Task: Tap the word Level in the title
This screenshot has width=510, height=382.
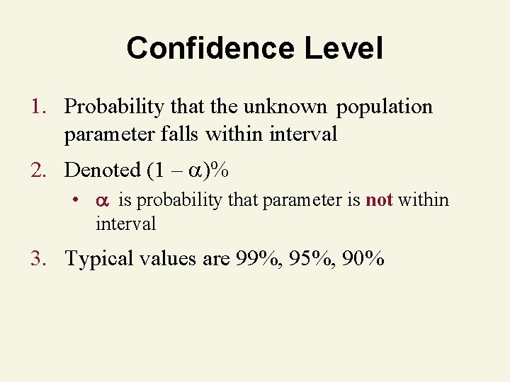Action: (x=344, y=48)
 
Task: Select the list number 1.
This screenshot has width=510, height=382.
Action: (x=36, y=107)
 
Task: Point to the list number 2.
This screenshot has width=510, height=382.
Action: (x=36, y=170)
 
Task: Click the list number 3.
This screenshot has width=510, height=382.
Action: (x=36, y=258)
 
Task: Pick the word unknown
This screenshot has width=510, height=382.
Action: (x=285, y=107)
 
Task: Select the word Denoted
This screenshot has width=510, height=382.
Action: (x=103, y=170)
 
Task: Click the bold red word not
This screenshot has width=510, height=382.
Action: (x=379, y=199)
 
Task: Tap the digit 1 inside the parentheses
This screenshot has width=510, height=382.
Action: (x=161, y=170)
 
